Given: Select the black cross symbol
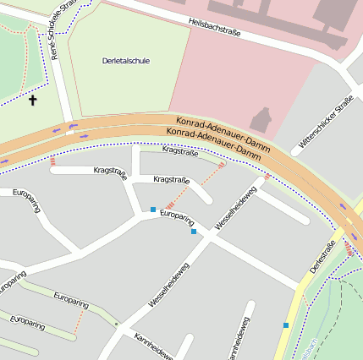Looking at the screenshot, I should point(33,101).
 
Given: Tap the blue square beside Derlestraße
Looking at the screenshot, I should point(286,325).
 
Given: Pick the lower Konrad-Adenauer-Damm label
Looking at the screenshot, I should point(213,143).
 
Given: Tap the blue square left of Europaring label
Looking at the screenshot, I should point(153,209).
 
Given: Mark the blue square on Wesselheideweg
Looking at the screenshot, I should point(194,231).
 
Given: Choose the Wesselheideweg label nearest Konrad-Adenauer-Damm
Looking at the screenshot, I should point(235,208).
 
